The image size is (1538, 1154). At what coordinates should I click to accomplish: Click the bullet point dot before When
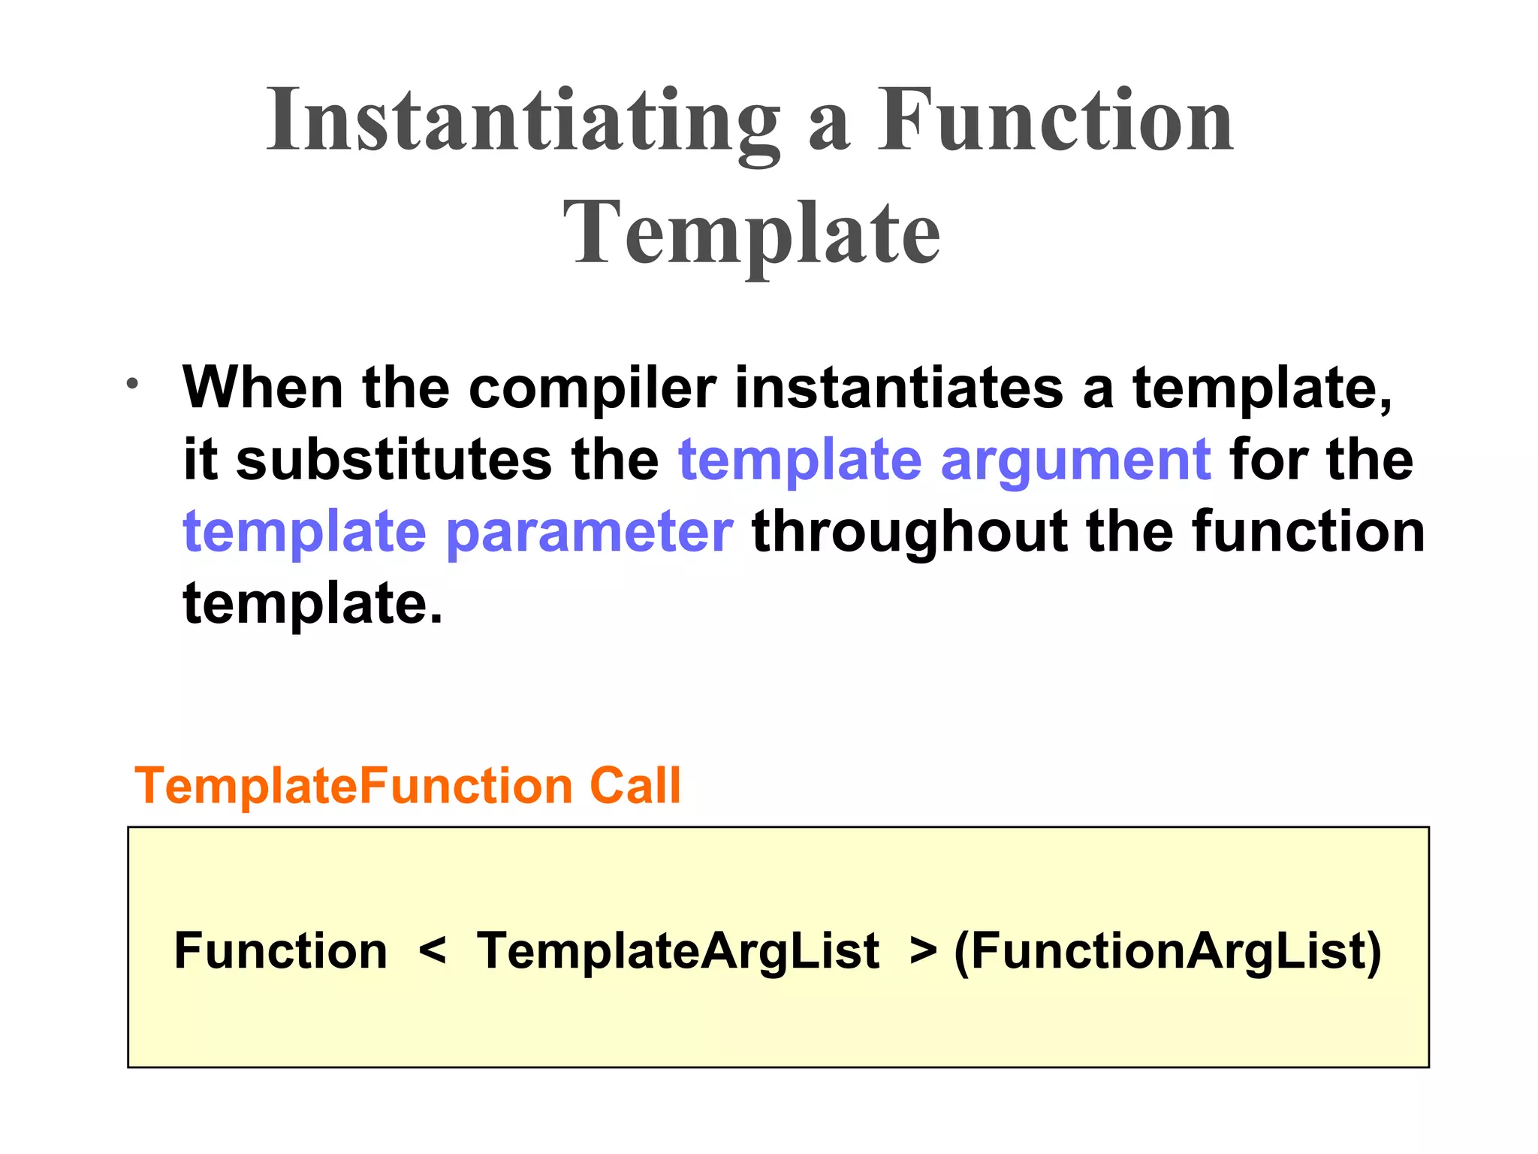pyautogui.click(x=132, y=384)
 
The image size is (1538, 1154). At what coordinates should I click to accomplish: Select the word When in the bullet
pyautogui.click(x=263, y=388)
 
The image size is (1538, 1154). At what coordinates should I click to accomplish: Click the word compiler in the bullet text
pyautogui.click(x=592, y=388)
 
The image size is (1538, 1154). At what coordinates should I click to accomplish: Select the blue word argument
pyautogui.click(x=1075, y=460)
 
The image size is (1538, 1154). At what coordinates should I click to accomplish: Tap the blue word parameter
pyautogui.click(x=590, y=532)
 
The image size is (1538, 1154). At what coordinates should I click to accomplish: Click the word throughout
pyautogui.click(x=909, y=532)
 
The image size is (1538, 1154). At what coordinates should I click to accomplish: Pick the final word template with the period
pyautogui.click(x=312, y=603)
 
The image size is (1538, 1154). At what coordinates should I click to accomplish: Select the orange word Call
pyautogui.click(x=635, y=786)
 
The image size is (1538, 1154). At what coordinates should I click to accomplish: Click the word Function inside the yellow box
pyautogui.click(x=281, y=951)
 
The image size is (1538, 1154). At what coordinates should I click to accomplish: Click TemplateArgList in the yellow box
pyautogui.click(x=678, y=951)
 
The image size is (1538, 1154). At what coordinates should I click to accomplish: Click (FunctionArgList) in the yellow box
pyautogui.click(x=1168, y=951)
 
